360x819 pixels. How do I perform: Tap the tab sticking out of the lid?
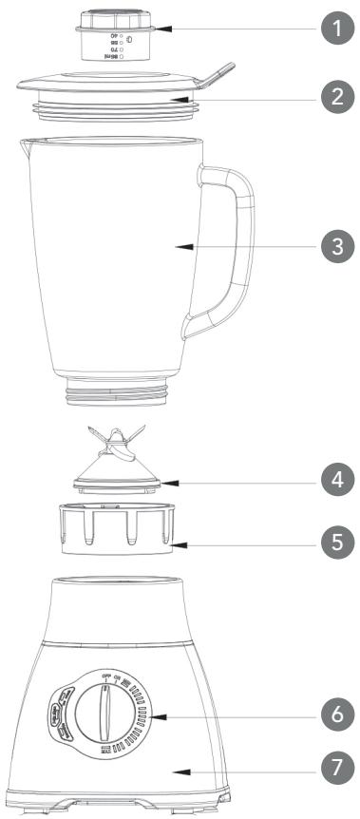(217, 73)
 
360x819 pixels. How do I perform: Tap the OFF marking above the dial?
(93, 645)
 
